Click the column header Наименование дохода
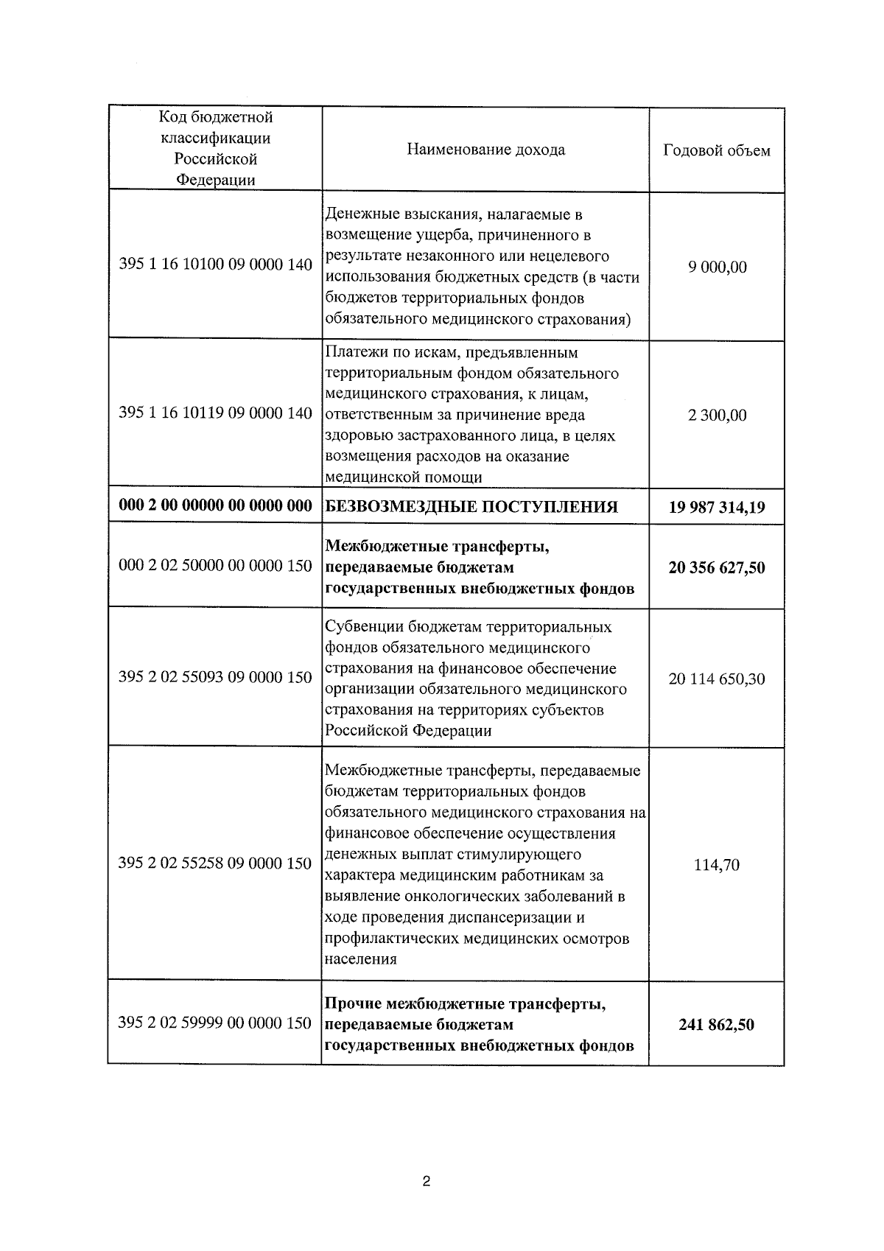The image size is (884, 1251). tap(485, 150)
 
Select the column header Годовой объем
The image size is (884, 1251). tap(716, 150)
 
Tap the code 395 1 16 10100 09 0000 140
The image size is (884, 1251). tap(215, 264)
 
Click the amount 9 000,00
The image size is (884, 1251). tap(717, 267)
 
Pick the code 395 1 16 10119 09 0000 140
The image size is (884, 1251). tap(215, 413)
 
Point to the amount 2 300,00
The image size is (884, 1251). tap(717, 416)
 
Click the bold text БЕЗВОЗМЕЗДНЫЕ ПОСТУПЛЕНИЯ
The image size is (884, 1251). tap(471, 507)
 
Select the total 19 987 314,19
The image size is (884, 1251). tap(717, 508)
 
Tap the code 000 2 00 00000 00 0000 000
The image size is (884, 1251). tap(215, 506)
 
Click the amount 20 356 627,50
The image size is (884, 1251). tap(717, 568)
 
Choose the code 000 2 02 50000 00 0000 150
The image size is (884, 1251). tap(215, 567)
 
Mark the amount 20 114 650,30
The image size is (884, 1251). tap(717, 679)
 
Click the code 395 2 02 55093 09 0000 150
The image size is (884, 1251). tap(215, 677)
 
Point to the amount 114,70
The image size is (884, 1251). tap(717, 865)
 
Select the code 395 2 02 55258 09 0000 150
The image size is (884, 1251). tap(215, 863)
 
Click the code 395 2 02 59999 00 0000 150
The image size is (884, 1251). tap(215, 1023)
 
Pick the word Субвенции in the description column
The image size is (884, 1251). tap(359, 627)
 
